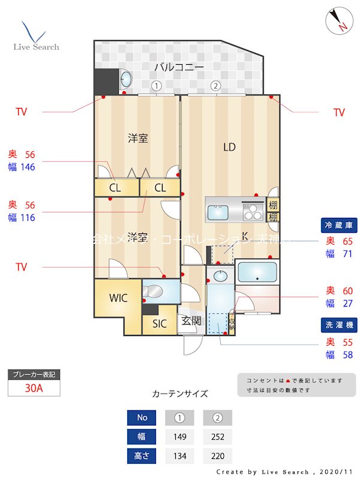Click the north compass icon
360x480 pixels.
338,22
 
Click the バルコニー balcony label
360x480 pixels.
179,67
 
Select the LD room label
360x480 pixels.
229,147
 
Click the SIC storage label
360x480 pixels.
159,324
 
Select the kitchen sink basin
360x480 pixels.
218,213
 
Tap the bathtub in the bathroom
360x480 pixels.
257,272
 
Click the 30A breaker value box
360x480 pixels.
34,388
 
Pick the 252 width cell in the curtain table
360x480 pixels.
218,436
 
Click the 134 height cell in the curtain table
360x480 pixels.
180,456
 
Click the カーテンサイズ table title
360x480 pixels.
180,394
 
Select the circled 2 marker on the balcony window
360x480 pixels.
215,86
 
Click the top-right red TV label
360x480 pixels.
339,112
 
